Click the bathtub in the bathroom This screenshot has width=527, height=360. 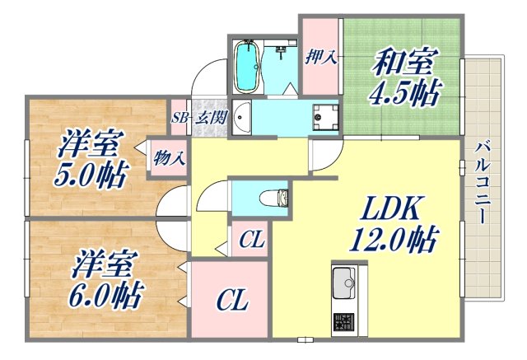click(x=247, y=67)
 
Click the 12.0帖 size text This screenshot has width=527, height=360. click(x=391, y=240)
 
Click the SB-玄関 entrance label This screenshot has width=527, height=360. click(x=199, y=118)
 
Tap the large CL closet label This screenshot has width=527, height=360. click(x=231, y=302)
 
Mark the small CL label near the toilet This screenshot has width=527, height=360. click(x=251, y=241)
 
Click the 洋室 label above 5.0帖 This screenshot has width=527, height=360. click(x=90, y=146)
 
